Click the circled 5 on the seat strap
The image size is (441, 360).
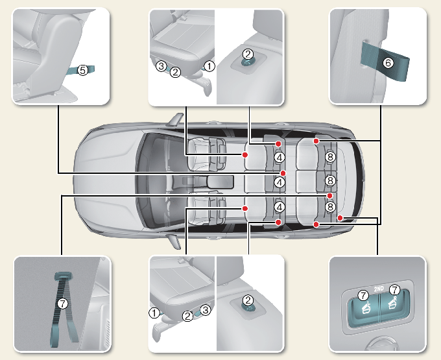82,69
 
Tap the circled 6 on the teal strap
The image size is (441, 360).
388,63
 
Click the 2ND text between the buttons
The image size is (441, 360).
379,289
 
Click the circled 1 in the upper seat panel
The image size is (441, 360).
209,65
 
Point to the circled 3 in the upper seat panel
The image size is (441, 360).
160,65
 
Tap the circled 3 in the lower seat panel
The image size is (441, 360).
205,310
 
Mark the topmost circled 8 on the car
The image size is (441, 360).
330,157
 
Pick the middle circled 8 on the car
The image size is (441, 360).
330,181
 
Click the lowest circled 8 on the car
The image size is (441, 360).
330,207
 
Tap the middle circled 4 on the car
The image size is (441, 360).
279,182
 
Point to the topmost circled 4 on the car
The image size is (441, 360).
279,157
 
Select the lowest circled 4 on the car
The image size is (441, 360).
279,207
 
